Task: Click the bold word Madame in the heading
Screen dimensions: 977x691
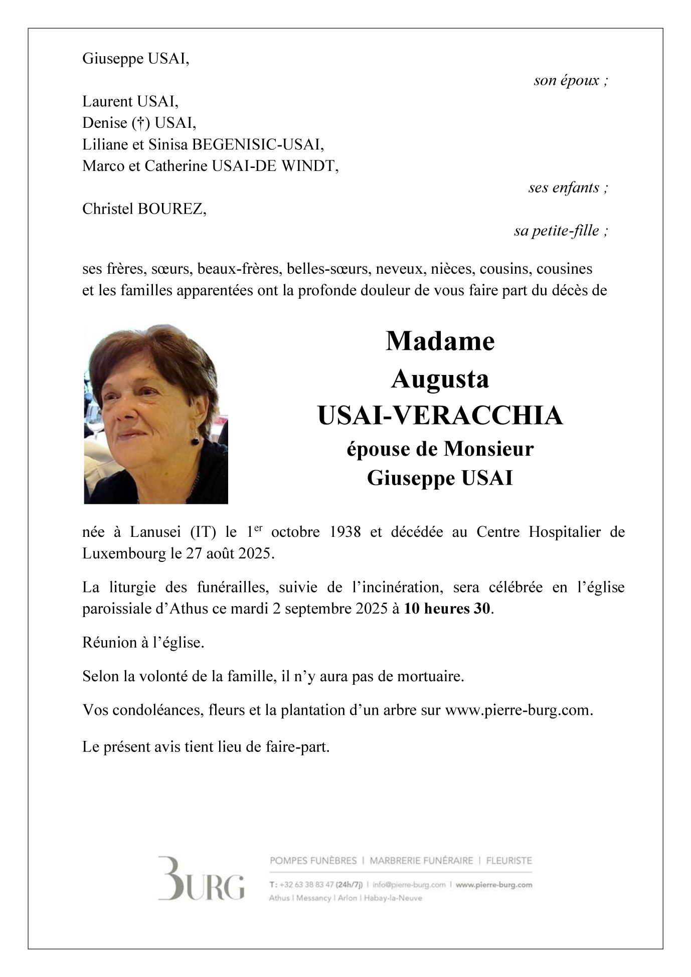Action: (x=440, y=341)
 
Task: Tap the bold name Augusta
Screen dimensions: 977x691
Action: (x=440, y=379)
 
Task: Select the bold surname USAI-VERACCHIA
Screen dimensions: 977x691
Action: (x=440, y=416)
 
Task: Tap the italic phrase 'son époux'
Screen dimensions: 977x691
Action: (x=567, y=80)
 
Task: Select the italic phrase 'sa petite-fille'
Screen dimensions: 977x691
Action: (x=557, y=231)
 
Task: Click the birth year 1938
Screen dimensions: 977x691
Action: (x=345, y=532)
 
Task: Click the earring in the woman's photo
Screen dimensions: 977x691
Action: (x=195, y=440)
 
